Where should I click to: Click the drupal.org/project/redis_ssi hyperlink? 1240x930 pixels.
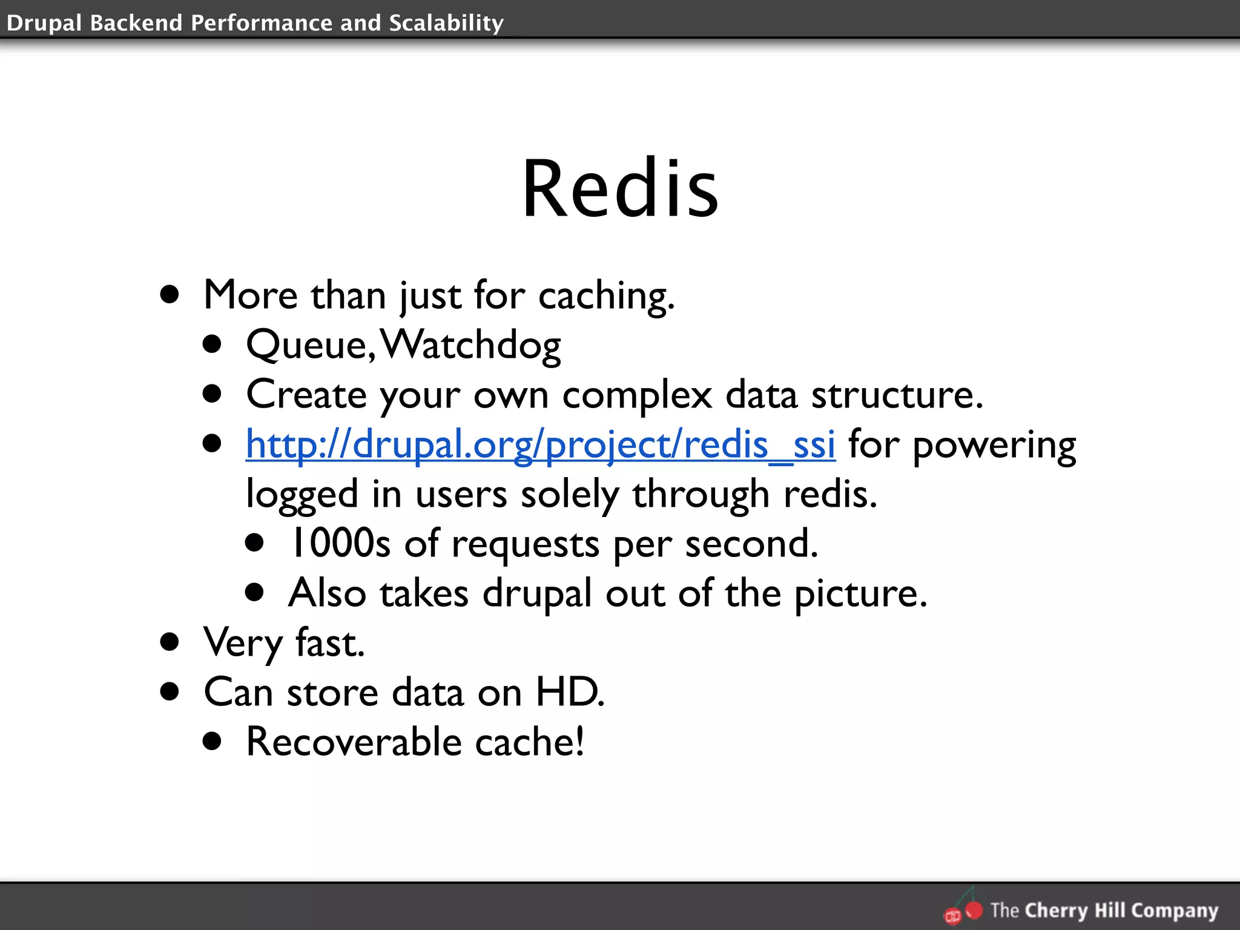pos(540,444)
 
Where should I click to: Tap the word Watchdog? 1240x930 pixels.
pos(471,345)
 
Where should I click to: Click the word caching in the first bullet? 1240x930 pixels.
pos(605,297)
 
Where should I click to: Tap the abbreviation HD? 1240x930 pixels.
pos(569,692)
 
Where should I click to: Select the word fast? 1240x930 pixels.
pos(330,643)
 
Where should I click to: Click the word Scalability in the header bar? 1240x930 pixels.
pos(446,22)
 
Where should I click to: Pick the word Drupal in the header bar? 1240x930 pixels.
pos(44,23)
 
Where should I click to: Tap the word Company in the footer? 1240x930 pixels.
pos(1175,911)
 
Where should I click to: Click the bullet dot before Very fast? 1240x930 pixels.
pos(170,642)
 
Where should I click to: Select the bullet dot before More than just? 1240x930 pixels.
pos(170,295)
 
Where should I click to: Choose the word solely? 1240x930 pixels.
pos(570,495)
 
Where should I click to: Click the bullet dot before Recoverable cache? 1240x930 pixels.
pos(213,741)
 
